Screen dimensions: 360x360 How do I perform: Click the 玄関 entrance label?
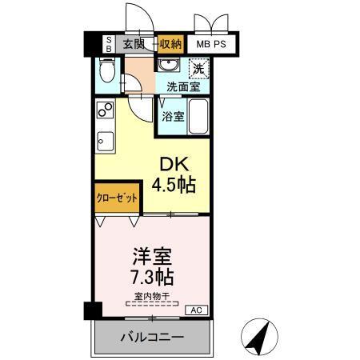tap(134, 44)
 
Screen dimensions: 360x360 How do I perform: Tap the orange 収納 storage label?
tap(170, 44)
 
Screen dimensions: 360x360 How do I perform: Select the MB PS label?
tap(212, 44)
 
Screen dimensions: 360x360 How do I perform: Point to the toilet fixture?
tap(106, 74)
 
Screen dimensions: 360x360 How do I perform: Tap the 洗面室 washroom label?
tap(182, 86)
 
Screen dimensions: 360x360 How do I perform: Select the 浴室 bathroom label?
tap(172, 116)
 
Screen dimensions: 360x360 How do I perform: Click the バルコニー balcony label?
tap(152, 337)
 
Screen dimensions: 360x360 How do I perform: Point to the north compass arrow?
tap(260, 336)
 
